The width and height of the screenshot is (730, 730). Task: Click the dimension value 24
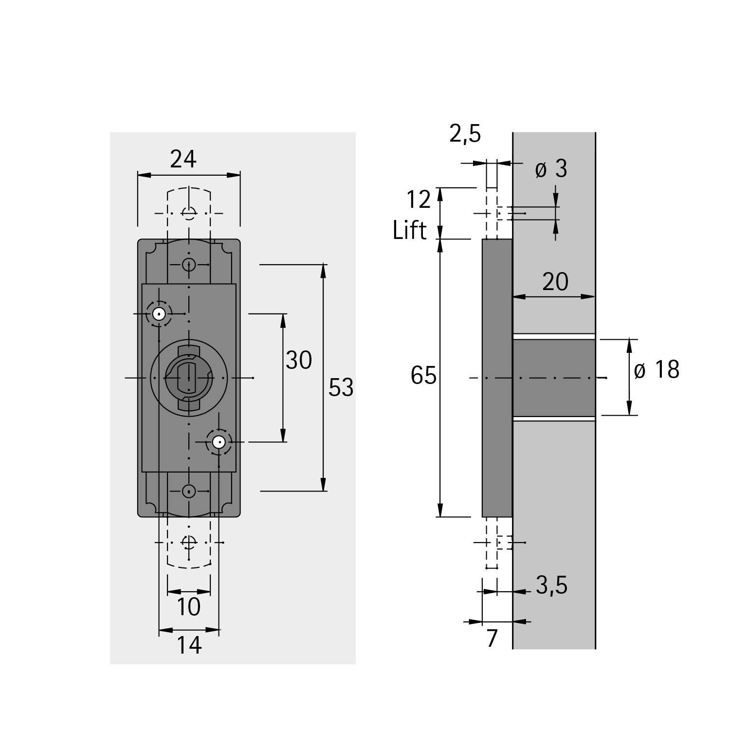pos(183,159)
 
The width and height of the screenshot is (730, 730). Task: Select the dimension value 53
pos(341,388)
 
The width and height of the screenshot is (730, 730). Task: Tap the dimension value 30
pos(298,361)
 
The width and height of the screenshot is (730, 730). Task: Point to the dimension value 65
pos(423,376)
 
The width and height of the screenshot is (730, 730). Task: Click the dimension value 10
pos(188,607)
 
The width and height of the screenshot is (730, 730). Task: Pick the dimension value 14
pos(188,645)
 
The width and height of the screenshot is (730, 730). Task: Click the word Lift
pos(409,230)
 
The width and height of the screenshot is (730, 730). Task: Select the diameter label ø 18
pos(657,370)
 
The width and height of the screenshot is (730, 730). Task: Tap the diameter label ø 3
pos(551,169)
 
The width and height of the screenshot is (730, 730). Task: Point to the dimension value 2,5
pos(465,134)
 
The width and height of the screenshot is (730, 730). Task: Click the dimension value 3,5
pos(551,585)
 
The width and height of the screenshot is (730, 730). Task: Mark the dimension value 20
pos(555,282)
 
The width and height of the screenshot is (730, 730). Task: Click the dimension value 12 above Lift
pos(419,200)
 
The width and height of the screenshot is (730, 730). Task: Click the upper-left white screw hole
pos(159,314)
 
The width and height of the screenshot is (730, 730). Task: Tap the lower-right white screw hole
pos(219,442)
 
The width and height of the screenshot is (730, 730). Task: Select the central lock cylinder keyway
pos(188,378)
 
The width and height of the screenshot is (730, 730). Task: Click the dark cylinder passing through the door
pos(554,378)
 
